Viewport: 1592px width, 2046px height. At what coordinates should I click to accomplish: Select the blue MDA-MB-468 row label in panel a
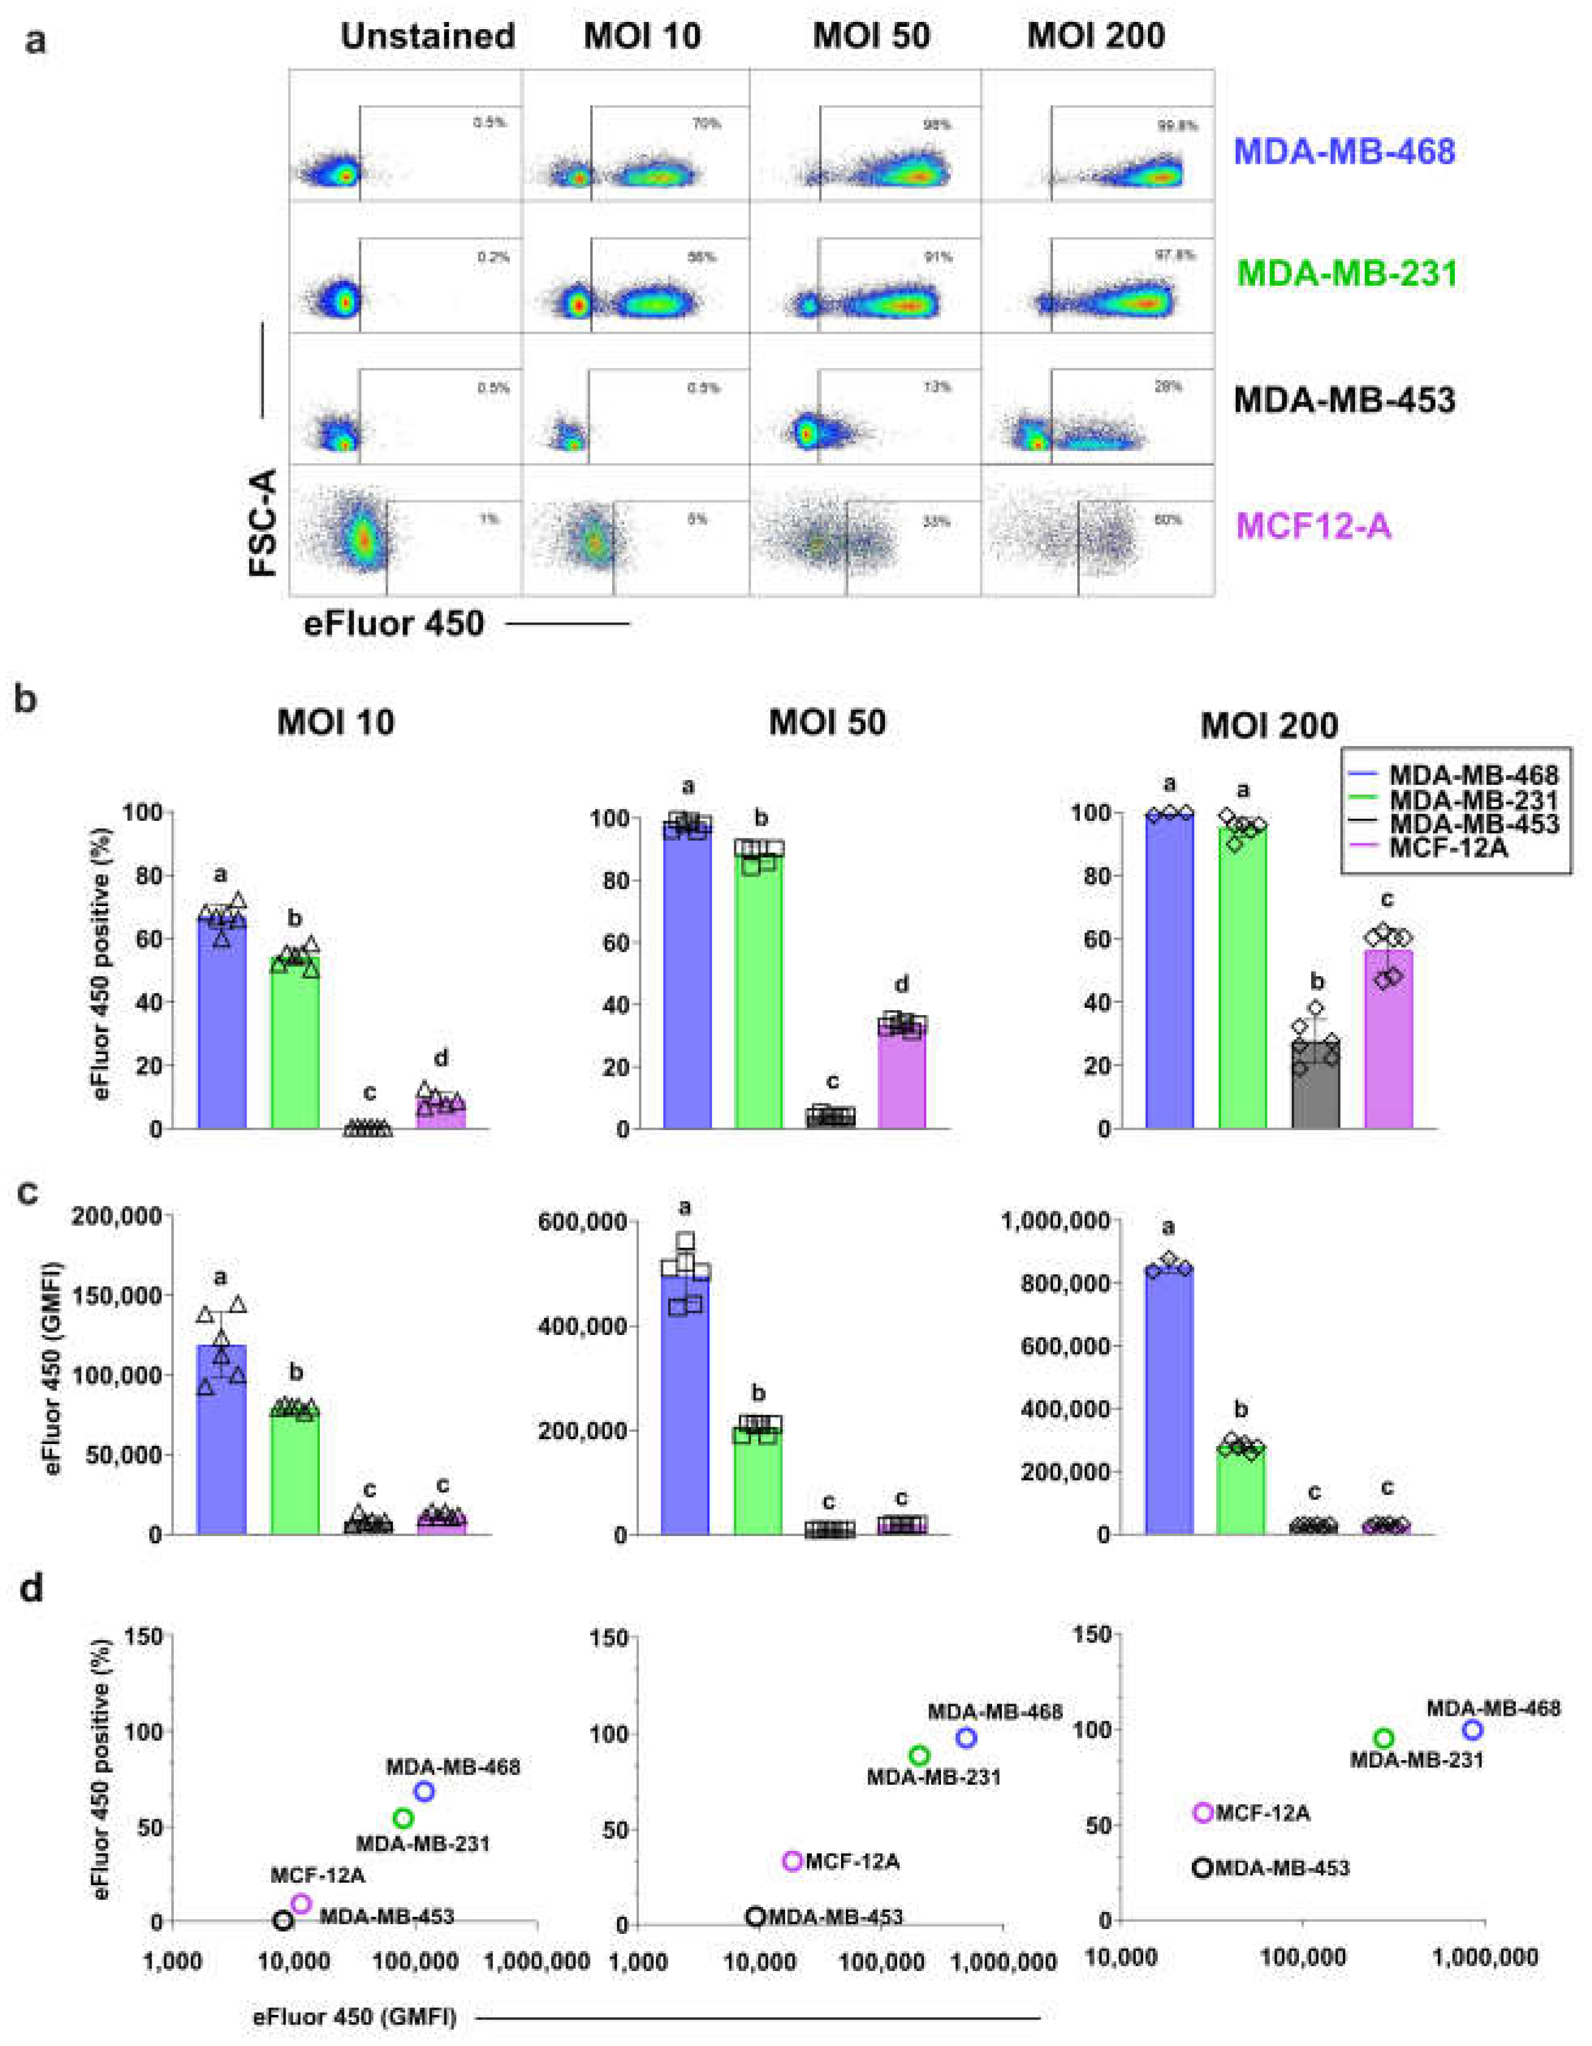[x=1345, y=151]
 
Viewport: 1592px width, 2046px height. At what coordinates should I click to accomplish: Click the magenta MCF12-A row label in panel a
[x=1314, y=526]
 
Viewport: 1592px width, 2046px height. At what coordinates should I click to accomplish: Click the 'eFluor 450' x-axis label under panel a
[x=393, y=623]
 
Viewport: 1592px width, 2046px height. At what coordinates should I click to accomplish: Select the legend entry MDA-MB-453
[x=1473, y=824]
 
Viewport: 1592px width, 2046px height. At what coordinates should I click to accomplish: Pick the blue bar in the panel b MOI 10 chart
[x=222, y=1030]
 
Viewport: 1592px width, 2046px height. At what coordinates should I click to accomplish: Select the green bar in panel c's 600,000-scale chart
[x=758, y=1480]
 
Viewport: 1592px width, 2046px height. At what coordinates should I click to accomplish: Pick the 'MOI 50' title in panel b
[x=827, y=723]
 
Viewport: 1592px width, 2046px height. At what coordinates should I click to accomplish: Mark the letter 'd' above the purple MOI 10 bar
[x=441, y=1058]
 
